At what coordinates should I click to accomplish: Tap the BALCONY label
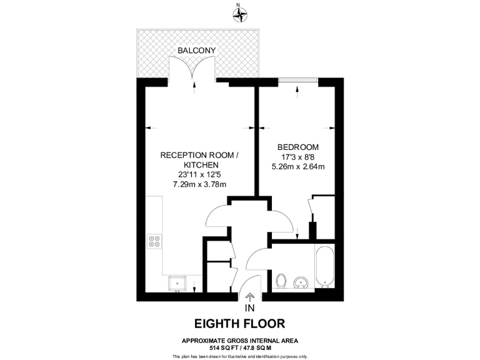(197, 50)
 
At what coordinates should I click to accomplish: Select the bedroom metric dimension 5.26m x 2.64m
(298, 167)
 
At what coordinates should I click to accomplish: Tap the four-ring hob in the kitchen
(154, 241)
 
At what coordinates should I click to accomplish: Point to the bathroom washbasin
(302, 282)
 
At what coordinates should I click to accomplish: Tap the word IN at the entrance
(250, 308)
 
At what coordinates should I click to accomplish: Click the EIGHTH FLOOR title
(240, 324)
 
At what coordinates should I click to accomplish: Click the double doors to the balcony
(192, 68)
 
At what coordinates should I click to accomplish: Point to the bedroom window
(298, 81)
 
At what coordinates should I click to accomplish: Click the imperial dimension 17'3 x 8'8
(298, 157)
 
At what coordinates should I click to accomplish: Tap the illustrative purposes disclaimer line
(240, 356)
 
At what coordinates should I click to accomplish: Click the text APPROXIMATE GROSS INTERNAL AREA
(240, 340)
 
